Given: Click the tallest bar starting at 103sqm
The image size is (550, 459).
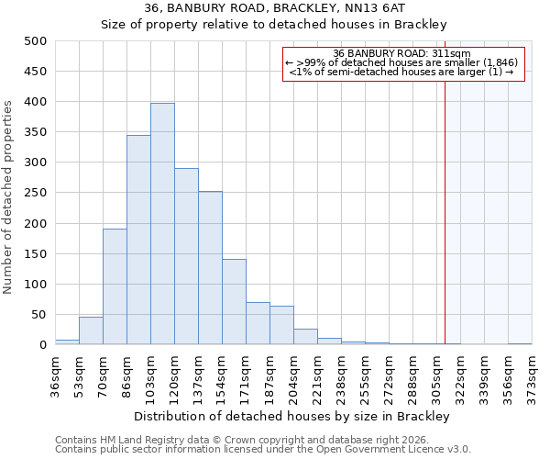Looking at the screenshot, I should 162,224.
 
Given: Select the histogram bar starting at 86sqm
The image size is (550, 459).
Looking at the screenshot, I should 138,240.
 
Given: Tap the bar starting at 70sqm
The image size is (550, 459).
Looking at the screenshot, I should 115,286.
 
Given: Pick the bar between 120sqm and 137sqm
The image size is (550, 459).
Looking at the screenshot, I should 186,256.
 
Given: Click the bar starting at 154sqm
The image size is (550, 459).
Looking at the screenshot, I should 234,302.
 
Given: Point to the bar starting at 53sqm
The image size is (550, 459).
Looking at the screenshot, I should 91,330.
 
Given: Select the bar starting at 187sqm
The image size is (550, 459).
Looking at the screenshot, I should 281,325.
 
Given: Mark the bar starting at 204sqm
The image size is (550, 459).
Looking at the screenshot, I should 305,337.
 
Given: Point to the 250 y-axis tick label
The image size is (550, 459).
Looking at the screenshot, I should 35,193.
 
